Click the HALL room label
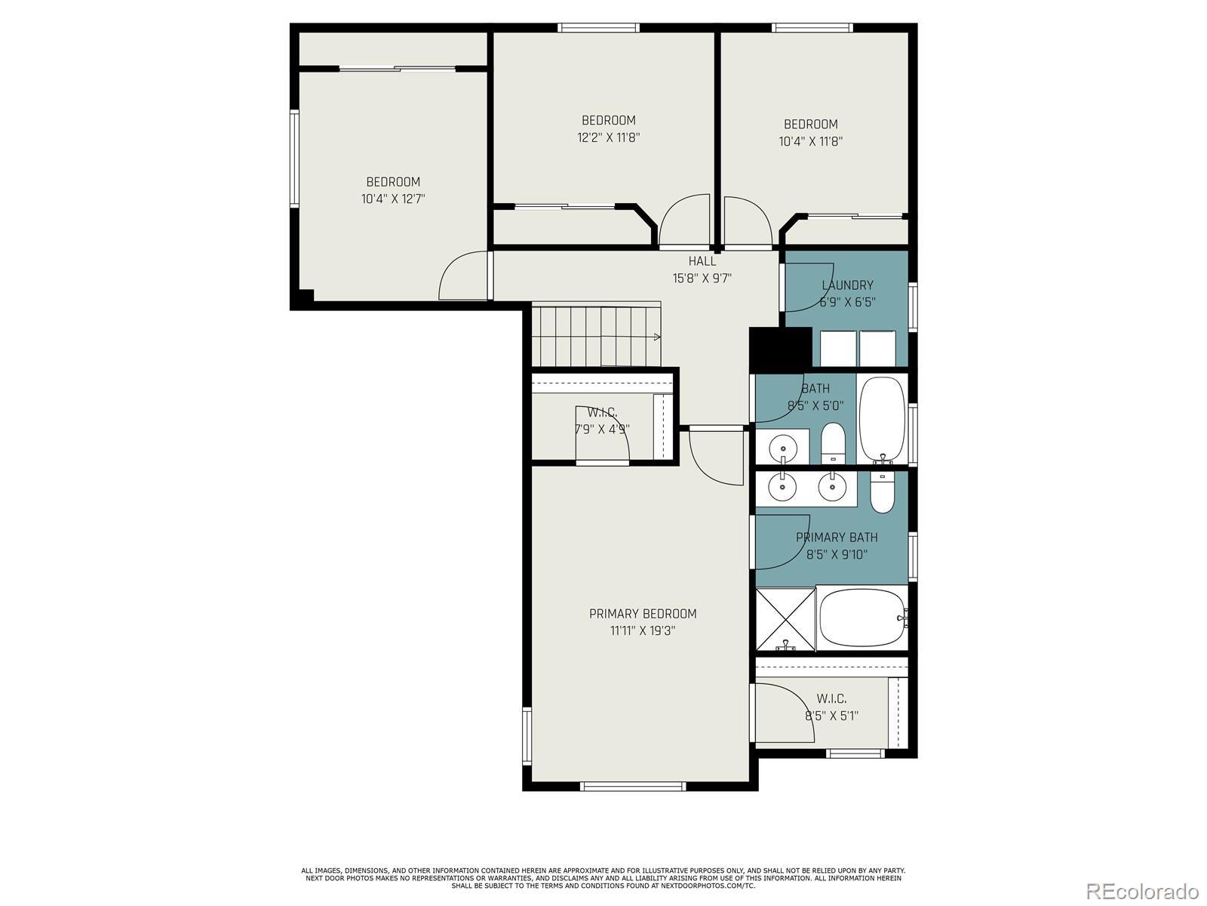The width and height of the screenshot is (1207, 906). coord(702,261)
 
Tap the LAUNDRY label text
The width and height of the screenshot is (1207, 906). coord(847,285)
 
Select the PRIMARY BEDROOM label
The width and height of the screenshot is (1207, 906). coord(643,613)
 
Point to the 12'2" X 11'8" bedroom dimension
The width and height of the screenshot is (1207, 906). coord(609,137)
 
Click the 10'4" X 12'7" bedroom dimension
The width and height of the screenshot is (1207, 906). coord(393,199)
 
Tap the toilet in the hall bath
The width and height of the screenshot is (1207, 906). coord(833,443)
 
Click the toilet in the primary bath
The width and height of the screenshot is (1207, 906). coord(883,493)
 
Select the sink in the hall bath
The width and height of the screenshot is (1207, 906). coord(783,445)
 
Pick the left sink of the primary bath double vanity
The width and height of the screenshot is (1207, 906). coord(782,486)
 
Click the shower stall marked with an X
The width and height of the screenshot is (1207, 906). coord(786,619)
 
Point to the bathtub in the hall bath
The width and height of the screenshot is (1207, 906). coord(882,419)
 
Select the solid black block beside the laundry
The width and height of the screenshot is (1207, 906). coord(781,349)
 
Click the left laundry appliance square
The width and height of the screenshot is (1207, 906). coord(838,348)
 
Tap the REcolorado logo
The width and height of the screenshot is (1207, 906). coord(1143,889)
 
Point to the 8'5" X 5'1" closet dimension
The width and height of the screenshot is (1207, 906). coord(831,716)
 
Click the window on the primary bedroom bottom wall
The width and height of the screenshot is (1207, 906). coord(633,786)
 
